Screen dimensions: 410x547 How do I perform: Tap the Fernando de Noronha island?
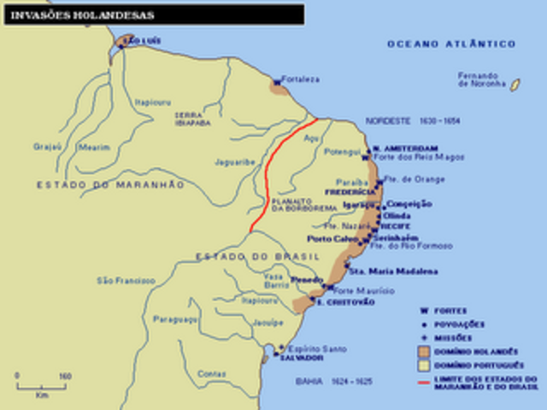point(515,85)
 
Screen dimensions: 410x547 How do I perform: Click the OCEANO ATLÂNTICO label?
point(451,44)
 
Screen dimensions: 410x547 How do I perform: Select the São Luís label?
point(142,40)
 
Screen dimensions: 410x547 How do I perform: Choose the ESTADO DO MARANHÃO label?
point(110,184)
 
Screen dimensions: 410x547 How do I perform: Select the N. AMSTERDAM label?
point(407,147)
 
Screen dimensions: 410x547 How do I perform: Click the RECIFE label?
point(394,226)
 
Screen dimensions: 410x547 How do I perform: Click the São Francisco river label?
point(126,279)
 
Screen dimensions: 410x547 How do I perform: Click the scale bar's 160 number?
point(65,376)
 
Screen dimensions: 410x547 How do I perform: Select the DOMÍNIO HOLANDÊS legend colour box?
point(425,351)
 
